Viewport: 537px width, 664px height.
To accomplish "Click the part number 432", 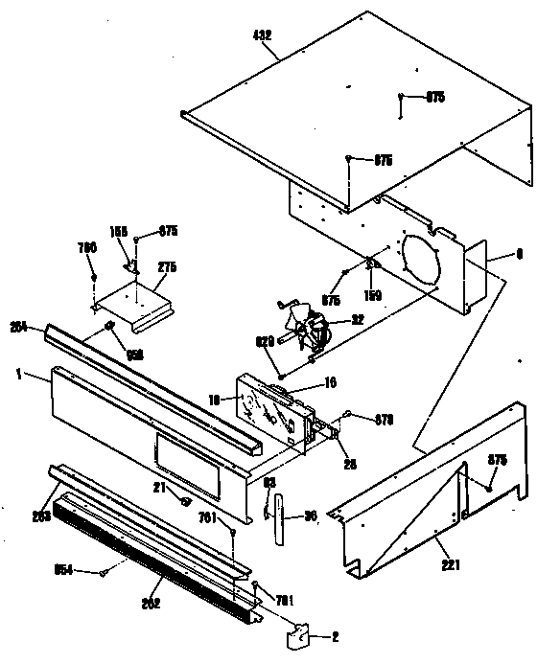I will click(x=262, y=34).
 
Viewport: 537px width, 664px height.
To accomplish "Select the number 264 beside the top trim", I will click(x=17, y=325).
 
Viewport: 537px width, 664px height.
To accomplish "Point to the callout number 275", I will click(x=168, y=267).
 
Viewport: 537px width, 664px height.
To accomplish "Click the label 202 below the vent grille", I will click(x=152, y=604).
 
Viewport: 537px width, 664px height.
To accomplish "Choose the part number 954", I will click(x=61, y=572).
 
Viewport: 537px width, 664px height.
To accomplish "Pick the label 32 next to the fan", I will click(x=357, y=319).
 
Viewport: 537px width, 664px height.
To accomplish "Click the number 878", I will click(x=384, y=418).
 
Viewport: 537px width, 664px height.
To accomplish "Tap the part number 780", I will click(x=87, y=248).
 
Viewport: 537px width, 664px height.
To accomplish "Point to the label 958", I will click(x=134, y=354).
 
